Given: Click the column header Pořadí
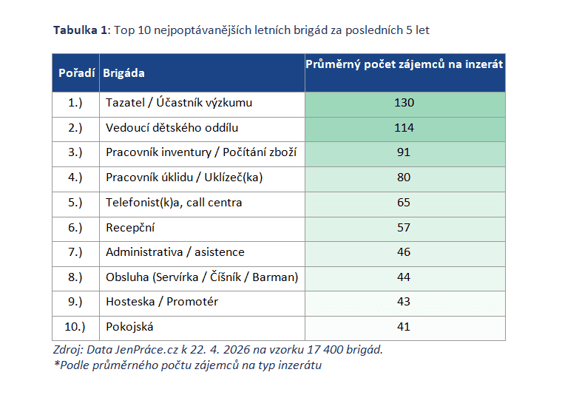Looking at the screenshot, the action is click(x=76, y=73).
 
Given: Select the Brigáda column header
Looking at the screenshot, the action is click(x=123, y=73).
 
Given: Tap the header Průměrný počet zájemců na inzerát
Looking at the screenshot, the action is click(x=404, y=64).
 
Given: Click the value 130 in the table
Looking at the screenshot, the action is click(x=404, y=103).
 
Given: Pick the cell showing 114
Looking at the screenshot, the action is click(x=404, y=128).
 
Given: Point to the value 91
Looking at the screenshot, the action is click(x=404, y=152).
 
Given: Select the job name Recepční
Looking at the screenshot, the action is click(x=130, y=228).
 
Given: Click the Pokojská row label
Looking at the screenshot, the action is click(x=129, y=327).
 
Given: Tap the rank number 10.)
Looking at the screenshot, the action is click(x=75, y=327).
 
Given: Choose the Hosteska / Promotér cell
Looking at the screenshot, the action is click(x=162, y=302).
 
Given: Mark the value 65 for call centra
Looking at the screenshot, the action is click(x=404, y=203).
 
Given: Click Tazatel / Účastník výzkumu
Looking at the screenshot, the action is click(x=179, y=103).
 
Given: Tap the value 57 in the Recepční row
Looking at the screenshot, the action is click(x=404, y=228).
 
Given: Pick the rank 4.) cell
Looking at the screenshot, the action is click(x=75, y=178).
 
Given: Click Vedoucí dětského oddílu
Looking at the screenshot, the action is click(x=172, y=128).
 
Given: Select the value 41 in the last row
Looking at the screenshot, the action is click(x=404, y=327).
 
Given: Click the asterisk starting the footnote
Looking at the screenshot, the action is click(x=57, y=364).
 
